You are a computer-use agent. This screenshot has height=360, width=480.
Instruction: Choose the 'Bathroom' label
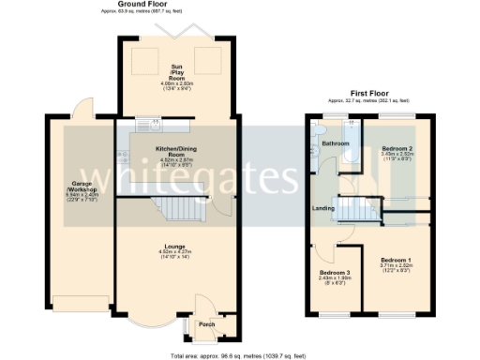336,143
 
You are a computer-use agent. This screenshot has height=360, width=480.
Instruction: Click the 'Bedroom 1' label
396,259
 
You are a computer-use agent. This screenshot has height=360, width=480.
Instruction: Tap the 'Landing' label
324,208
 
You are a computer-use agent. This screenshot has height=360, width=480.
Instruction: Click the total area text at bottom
239,355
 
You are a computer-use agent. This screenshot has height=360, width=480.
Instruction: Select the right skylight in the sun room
203,64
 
